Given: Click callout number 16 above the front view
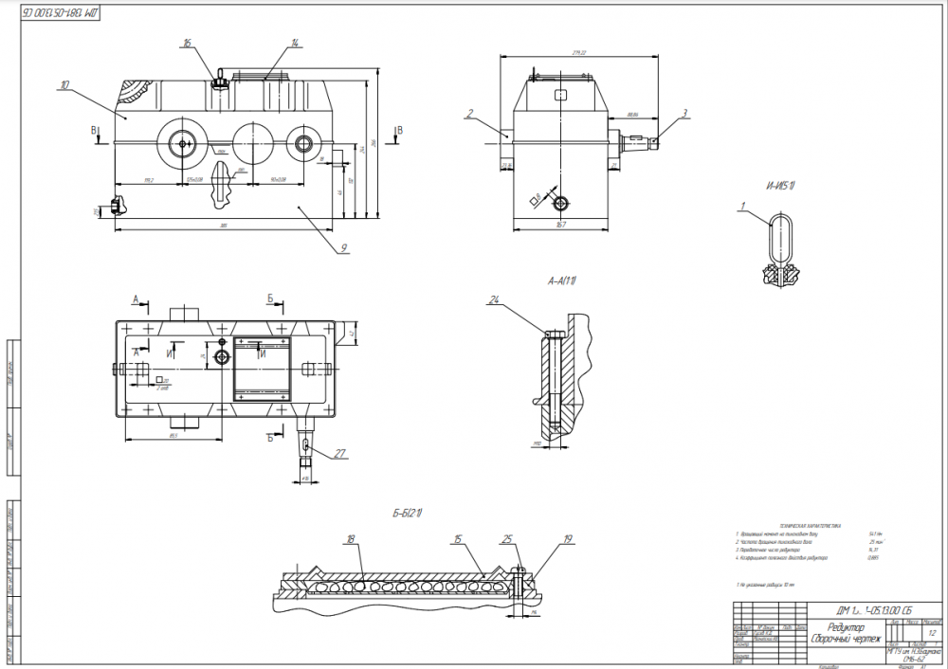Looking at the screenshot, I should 188,44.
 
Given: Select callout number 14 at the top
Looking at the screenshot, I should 296,44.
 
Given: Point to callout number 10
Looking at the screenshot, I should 64,85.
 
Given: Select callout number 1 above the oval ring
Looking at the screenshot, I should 744,206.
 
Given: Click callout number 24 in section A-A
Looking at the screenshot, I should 494,301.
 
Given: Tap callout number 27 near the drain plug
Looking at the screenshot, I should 341,453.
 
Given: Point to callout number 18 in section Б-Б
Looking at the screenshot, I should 350,539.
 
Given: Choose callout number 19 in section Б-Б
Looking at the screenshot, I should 568,539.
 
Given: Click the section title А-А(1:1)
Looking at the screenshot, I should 562,281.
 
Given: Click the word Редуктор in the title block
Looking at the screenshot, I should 846,627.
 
